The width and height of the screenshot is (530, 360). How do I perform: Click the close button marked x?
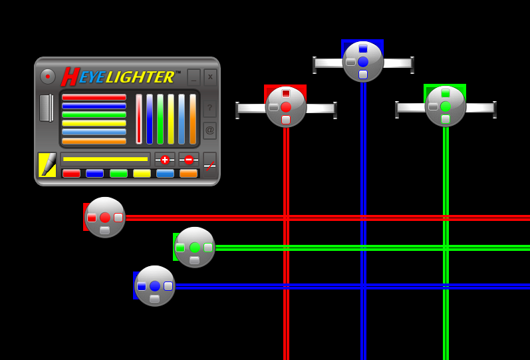[210, 77]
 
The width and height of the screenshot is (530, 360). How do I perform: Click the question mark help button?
[209, 108]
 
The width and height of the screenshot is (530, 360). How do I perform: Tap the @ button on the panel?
[209, 130]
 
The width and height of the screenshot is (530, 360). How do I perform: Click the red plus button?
[165, 160]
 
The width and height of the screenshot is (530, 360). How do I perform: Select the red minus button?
[189, 160]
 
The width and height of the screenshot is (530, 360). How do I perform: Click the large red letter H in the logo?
[70, 77]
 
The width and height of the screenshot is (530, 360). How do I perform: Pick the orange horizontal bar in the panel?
[94, 141]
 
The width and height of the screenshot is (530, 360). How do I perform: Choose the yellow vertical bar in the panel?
[171, 119]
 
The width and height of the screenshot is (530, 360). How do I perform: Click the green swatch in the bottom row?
[118, 173]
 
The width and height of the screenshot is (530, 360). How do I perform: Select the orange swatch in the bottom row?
[188, 173]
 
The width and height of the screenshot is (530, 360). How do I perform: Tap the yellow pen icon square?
[47, 165]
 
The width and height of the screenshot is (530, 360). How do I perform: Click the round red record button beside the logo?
[48, 77]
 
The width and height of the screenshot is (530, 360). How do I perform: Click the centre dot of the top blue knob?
[362, 62]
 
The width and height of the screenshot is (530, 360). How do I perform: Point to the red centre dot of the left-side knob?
[105, 218]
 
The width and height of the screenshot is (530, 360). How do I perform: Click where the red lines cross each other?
[286, 218]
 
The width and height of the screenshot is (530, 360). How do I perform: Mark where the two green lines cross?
[446, 248]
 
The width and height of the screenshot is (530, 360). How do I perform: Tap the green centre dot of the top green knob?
[446, 106]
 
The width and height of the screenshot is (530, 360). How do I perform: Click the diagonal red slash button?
[210, 165]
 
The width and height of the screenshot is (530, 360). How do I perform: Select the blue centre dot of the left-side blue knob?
[155, 286]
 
